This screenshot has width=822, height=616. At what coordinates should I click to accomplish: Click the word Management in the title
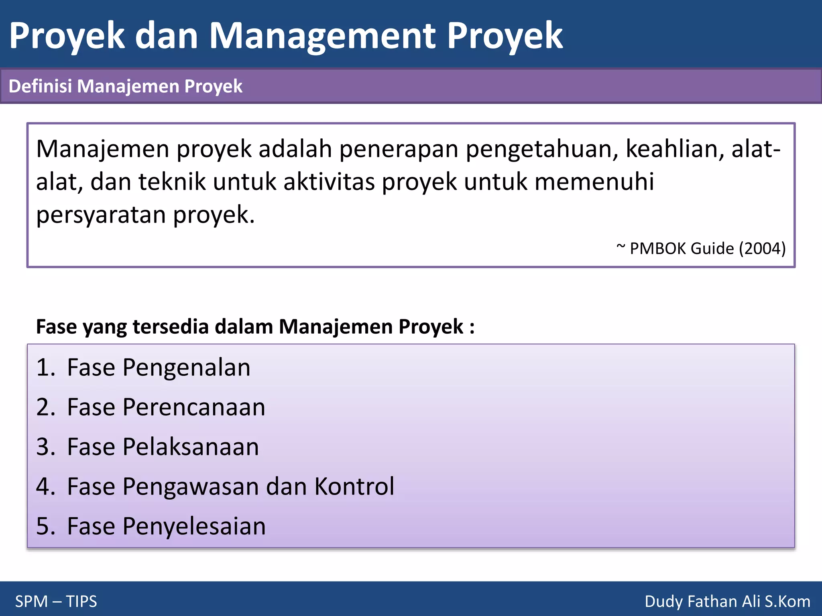click(x=322, y=36)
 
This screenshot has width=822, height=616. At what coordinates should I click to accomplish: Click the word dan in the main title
click(x=167, y=36)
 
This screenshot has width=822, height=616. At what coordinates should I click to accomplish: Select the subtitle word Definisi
click(x=40, y=86)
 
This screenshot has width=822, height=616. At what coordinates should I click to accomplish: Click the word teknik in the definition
click(x=172, y=182)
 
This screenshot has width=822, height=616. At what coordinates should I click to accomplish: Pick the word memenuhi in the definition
click(x=594, y=182)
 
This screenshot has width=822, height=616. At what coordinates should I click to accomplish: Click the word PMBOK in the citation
click(x=658, y=249)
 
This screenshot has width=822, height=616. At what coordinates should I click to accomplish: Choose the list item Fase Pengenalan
click(x=159, y=367)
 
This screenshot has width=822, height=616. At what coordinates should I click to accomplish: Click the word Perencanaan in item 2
click(x=194, y=407)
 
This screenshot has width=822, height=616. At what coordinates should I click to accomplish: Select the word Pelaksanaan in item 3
click(x=191, y=447)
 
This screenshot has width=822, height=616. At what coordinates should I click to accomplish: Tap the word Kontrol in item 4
click(x=354, y=486)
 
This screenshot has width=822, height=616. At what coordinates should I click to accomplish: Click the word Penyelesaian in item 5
click(x=194, y=526)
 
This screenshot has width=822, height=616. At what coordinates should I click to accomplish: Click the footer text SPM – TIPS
click(x=56, y=602)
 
